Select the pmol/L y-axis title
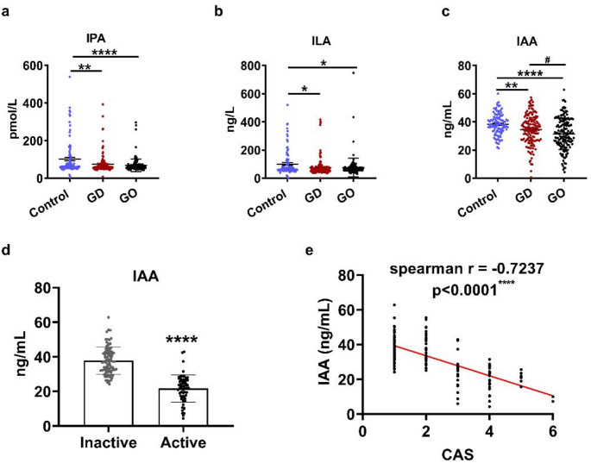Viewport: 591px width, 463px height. (x=13, y=121)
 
